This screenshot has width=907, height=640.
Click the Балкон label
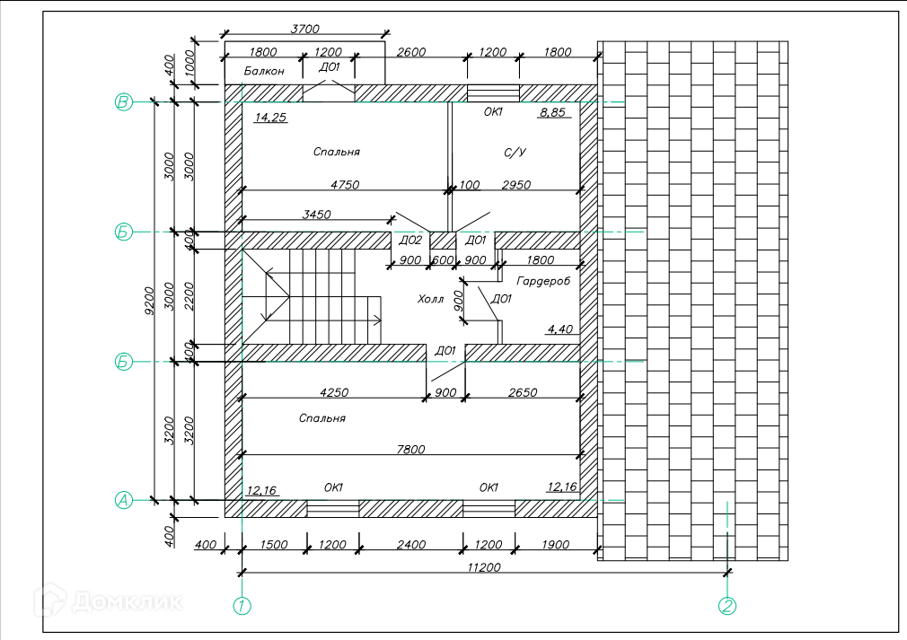tap(264, 71)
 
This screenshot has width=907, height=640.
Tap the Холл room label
tap(431, 299)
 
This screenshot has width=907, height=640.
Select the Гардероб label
tap(544, 281)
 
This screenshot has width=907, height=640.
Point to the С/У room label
tap(514, 153)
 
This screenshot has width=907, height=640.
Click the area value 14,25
tap(270, 117)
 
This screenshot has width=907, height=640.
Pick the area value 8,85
tap(552, 113)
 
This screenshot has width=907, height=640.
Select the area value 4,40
tap(559, 329)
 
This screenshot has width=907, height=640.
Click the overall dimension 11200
tap(484, 566)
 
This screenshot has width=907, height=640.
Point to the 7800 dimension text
tap(412, 449)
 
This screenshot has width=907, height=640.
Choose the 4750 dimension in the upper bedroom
tap(345, 185)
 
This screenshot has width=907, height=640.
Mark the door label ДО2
tap(409, 241)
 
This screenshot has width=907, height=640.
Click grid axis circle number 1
tap(242, 606)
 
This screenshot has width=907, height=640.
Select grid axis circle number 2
tap(727, 606)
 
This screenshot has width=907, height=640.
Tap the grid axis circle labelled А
tap(124, 501)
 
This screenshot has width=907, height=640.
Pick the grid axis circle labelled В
tap(124, 102)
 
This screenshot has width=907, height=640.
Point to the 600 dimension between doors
tap(443, 260)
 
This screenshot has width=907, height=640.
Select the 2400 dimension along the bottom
tap(411, 545)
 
